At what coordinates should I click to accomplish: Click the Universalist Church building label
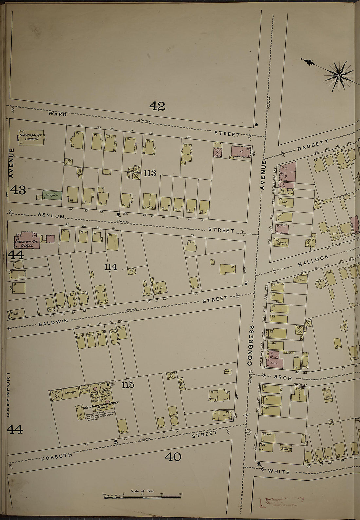29,137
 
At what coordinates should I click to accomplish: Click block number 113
150,173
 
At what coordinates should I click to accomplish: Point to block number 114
111,267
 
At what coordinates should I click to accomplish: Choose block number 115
128,385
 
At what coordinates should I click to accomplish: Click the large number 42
157,106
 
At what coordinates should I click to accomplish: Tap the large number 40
173,457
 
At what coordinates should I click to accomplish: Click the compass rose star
339,76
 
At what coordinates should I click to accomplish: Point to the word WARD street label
58,114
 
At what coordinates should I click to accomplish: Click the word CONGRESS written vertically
250,345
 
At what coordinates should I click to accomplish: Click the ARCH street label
283,378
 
